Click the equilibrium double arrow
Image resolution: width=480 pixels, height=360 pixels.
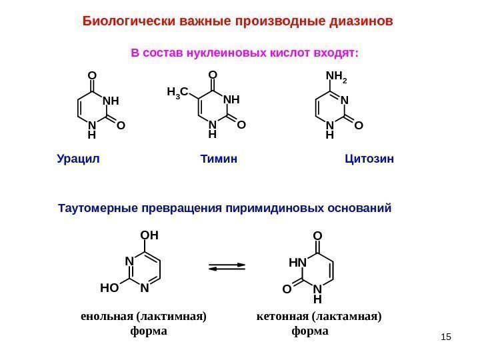pos(227,267)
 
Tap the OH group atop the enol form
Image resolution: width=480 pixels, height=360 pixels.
pos(150,235)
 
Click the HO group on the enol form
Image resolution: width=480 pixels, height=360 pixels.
pos(109,289)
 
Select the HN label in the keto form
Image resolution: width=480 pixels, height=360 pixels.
pos(297,263)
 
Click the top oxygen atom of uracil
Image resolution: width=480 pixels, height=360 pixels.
pos(93,75)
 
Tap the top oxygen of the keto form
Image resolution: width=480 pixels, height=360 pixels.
pos(317,236)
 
